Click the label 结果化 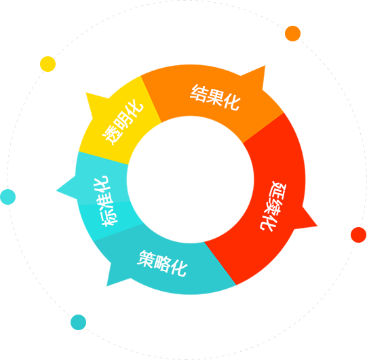tap(215, 98)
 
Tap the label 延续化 tap(273, 206)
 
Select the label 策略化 tap(162, 264)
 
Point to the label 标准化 tap(105, 201)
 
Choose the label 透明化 tap(122, 122)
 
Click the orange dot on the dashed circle tap(292, 33)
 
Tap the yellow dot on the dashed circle tap(47, 64)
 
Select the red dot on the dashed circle tap(358, 235)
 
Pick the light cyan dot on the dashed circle tap(7, 197)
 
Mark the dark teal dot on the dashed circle tap(78, 322)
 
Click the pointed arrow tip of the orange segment tap(265, 66)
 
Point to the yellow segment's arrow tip tap(86, 93)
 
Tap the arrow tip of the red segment tap(317, 226)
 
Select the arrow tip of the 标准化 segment tap(56, 191)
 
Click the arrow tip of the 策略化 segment tap(107, 286)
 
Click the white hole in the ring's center tap(191, 180)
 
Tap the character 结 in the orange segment tap(199, 93)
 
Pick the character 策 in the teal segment tap(146, 259)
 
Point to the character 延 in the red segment tap(277, 190)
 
